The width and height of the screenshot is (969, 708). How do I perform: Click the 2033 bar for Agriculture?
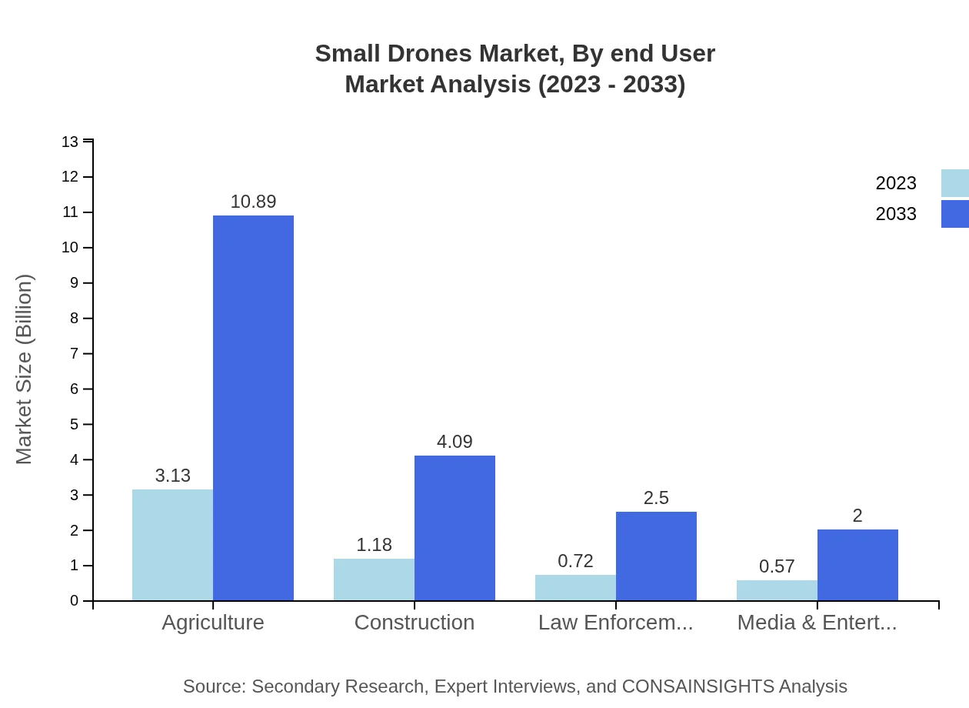click(x=253, y=408)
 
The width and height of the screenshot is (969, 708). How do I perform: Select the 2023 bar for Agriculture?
click(x=172, y=545)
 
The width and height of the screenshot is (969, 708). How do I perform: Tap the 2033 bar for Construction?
click(x=455, y=528)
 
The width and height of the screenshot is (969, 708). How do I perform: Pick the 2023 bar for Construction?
click(x=374, y=579)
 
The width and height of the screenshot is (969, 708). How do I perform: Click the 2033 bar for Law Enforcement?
click(x=656, y=556)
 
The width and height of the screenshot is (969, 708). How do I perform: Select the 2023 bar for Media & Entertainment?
click(x=777, y=590)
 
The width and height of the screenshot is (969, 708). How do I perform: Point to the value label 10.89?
click(x=253, y=202)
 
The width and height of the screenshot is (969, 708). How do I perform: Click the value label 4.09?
click(x=455, y=442)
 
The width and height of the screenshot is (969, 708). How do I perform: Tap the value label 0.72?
click(x=575, y=561)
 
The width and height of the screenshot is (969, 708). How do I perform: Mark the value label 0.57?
click(x=777, y=566)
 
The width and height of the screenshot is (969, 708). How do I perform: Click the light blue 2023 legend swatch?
click(x=954, y=183)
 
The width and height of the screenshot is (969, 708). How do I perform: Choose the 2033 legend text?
click(x=896, y=214)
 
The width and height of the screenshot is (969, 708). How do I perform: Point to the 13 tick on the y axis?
click(x=70, y=142)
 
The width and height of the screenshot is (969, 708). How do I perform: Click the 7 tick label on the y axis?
click(x=75, y=354)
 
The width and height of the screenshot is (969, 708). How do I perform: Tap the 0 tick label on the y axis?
click(x=75, y=601)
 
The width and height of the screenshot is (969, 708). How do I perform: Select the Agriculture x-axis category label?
click(x=213, y=623)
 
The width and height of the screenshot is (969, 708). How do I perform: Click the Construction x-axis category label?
click(x=415, y=623)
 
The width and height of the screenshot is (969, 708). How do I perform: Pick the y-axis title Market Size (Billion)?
click(x=25, y=369)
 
